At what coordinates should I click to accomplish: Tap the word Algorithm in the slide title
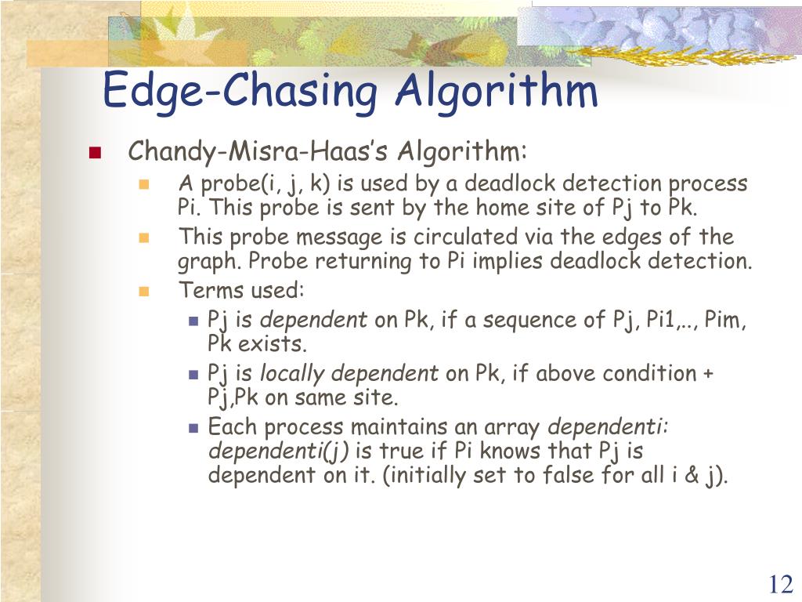497,91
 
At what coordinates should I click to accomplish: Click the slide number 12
780,585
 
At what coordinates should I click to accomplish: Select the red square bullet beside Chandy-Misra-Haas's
96,153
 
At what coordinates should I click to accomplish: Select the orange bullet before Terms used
143,291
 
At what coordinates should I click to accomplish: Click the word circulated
469,237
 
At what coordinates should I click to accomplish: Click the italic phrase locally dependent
349,374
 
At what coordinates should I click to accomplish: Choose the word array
512,428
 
